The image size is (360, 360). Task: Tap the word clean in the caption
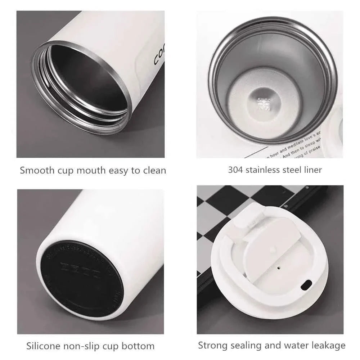tap(154, 170)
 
